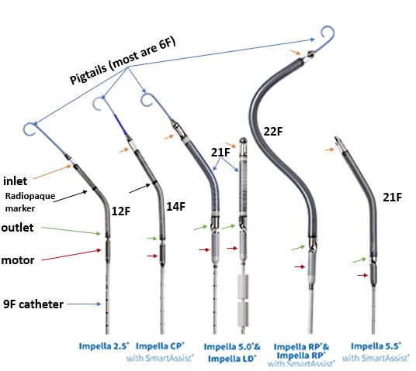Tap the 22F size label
click(274, 131)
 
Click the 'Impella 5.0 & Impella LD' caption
click(231, 350)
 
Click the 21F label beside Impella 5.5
click(391, 198)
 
